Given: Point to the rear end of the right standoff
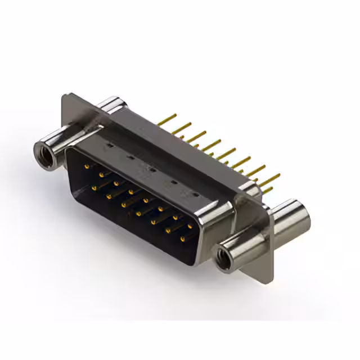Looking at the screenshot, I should click(300, 214).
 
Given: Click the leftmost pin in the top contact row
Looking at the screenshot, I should click(85, 166).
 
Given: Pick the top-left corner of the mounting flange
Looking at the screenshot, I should click(63, 97).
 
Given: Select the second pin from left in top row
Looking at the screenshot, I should click(101, 174).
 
